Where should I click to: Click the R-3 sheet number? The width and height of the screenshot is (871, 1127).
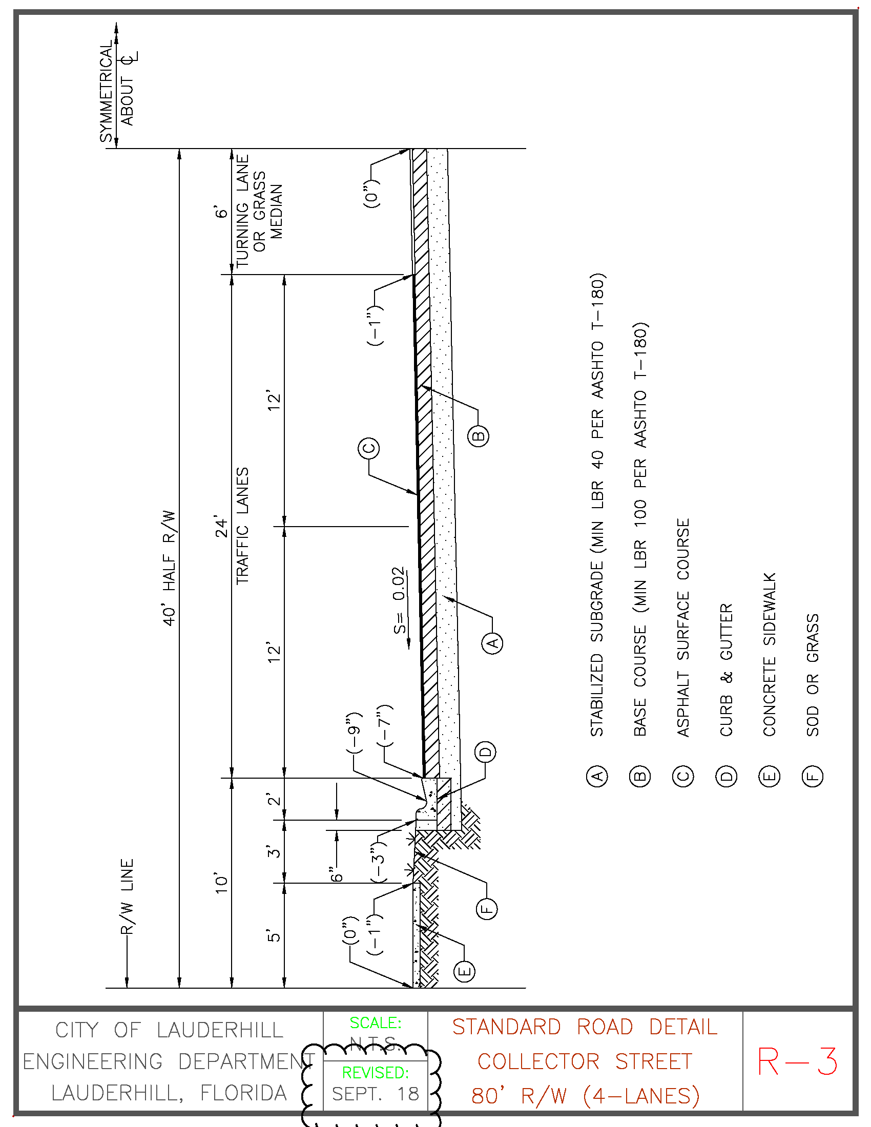point(797,1062)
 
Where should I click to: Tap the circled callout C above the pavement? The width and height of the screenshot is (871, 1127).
point(368,448)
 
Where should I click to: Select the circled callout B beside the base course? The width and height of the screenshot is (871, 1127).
point(479,436)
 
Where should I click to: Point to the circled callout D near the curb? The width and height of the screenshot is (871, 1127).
point(485,752)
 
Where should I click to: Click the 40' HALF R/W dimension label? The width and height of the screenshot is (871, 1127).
point(169,568)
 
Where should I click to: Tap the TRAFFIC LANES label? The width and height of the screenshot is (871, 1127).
point(242,526)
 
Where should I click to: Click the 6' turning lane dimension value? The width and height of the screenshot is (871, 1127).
point(221,212)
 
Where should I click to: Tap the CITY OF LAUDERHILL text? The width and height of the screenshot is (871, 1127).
point(169,1030)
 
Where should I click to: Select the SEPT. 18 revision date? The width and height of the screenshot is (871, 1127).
point(375,1094)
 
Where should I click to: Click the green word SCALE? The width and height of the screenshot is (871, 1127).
point(375,1022)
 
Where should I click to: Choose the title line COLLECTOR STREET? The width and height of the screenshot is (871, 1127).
point(585,1061)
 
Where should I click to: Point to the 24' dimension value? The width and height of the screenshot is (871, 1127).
point(221,526)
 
